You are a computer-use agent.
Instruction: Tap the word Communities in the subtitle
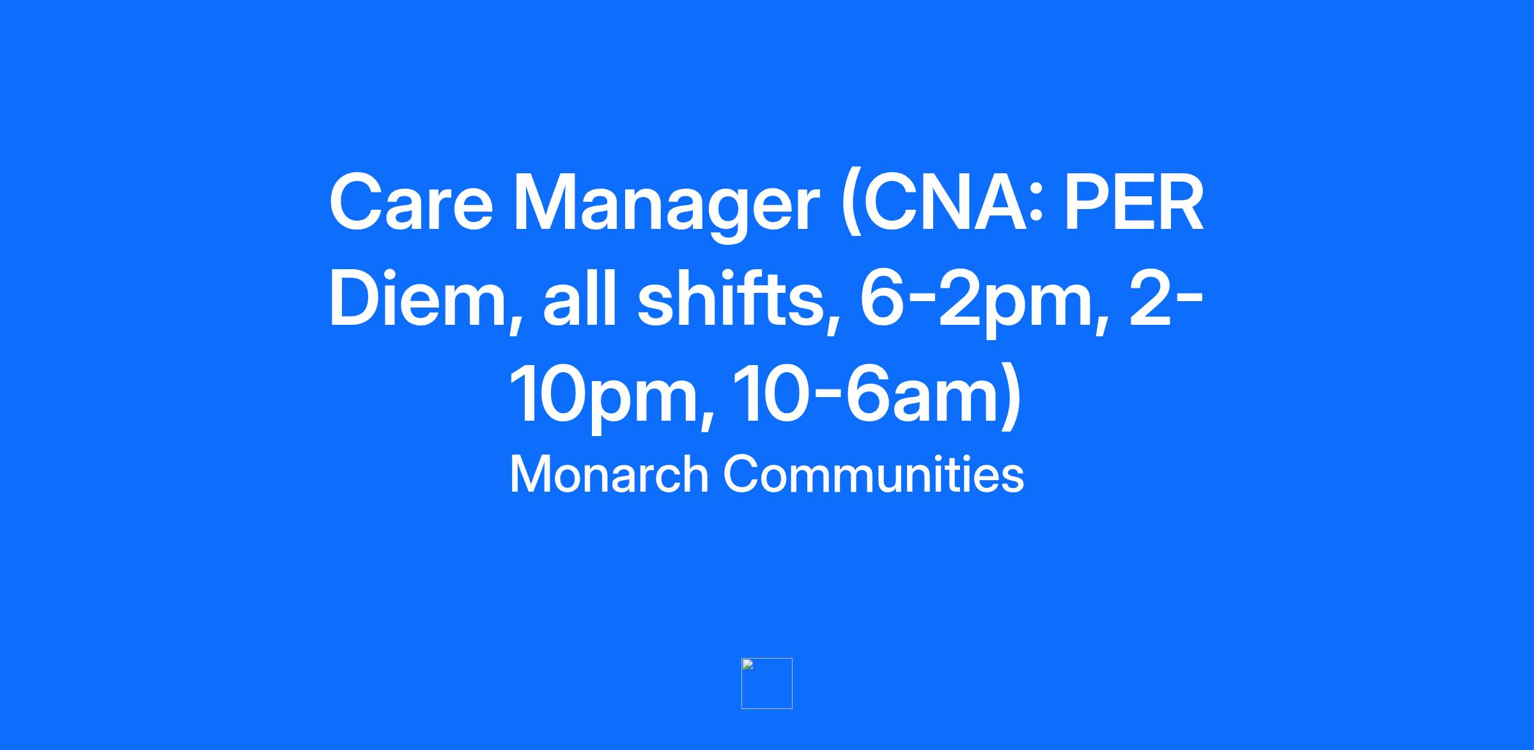pos(874,474)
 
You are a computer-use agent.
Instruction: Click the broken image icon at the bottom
pos(766,684)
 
